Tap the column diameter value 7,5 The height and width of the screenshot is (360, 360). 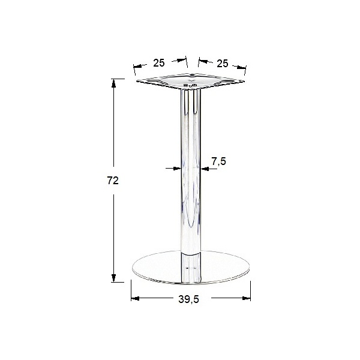click(x=219, y=161)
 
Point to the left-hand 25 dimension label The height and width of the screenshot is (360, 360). click(x=159, y=62)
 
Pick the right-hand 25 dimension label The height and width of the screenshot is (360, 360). click(x=223, y=63)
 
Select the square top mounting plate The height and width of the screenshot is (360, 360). click(x=191, y=83)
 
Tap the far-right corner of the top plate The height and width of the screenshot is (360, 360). click(x=244, y=83)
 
